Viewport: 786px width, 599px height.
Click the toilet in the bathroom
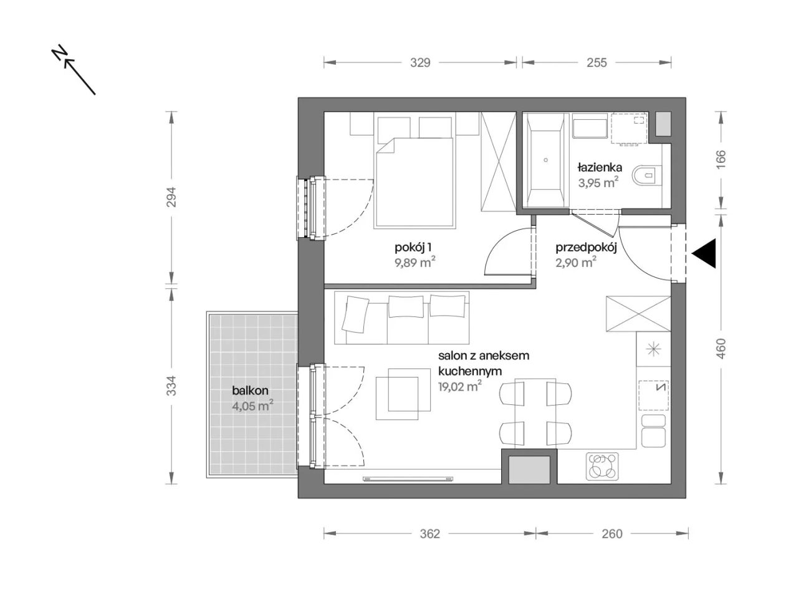coord(646,175)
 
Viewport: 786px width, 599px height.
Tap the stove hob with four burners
coord(602,466)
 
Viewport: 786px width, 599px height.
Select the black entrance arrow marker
coord(704,253)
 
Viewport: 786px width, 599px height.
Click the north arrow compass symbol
coord(74,69)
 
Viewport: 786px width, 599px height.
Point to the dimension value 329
coord(419,63)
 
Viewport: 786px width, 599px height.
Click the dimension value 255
coord(597,63)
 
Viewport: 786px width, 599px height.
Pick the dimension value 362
coord(429,533)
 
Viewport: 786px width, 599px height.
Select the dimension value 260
coord(611,533)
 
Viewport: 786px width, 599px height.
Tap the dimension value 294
coord(172,197)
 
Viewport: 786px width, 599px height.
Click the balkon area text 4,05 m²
coord(252,406)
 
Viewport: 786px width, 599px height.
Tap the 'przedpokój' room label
coord(586,248)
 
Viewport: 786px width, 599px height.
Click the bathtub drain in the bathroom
coord(545,160)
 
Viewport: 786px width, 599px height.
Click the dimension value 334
coord(172,386)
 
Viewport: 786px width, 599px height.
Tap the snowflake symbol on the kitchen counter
coord(653,348)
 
